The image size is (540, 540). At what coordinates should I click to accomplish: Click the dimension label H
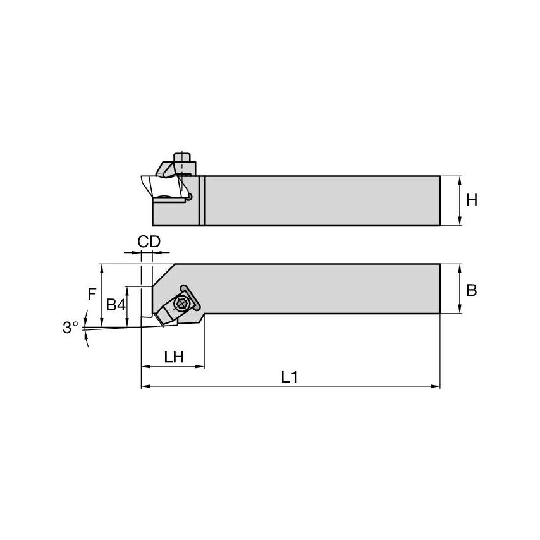pyautogui.click(x=471, y=200)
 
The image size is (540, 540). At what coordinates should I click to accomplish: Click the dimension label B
pyautogui.click(x=471, y=290)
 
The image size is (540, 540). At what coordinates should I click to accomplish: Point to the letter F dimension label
pyautogui.click(x=92, y=293)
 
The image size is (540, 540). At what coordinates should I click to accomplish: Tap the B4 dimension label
pyautogui.click(x=115, y=305)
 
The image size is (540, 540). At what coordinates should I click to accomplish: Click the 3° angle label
pyautogui.click(x=70, y=328)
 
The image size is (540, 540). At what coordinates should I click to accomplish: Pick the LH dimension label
pyautogui.click(x=173, y=357)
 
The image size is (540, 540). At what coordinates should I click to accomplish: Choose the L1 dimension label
pyautogui.click(x=289, y=377)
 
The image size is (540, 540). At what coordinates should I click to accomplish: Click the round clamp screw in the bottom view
pyautogui.click(x=183, y=303)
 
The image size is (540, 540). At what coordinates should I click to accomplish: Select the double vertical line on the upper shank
pyautogui.click(x=202, y=200)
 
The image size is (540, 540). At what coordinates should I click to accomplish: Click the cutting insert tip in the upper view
pyautogui.click(x=143, y=179)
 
